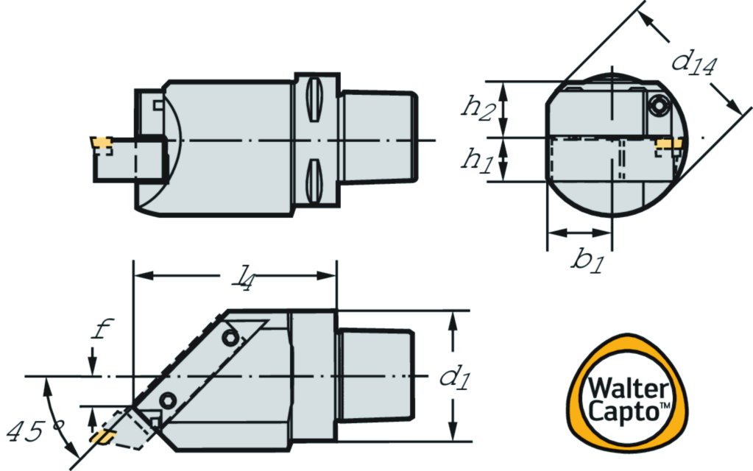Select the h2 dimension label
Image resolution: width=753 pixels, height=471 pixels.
[x=478, y=107]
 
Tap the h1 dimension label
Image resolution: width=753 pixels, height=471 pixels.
[x=477, y=159]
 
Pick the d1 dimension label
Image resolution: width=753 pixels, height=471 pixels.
[x=455, y=376]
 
